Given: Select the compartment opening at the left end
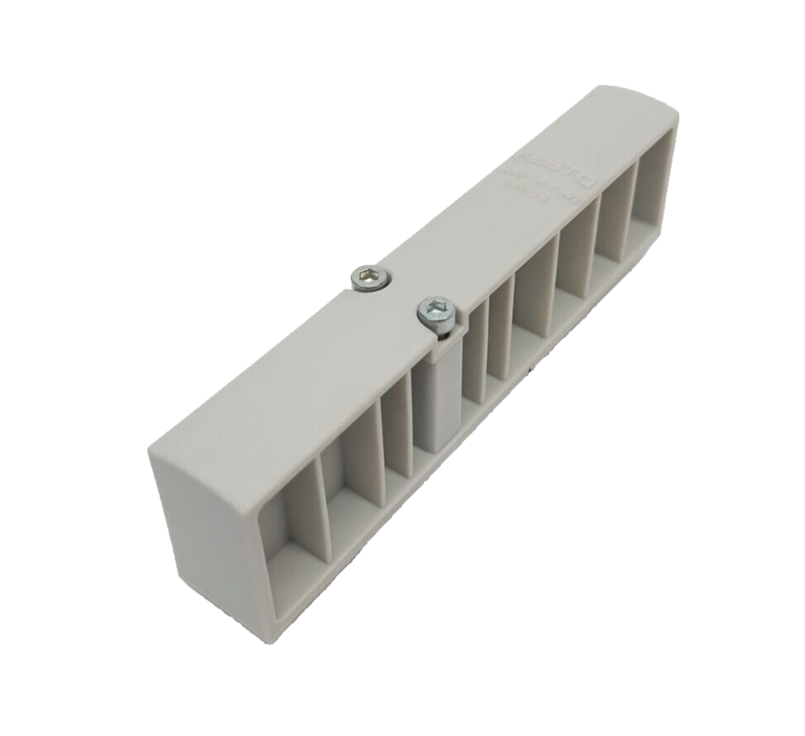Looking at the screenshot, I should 286,539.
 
